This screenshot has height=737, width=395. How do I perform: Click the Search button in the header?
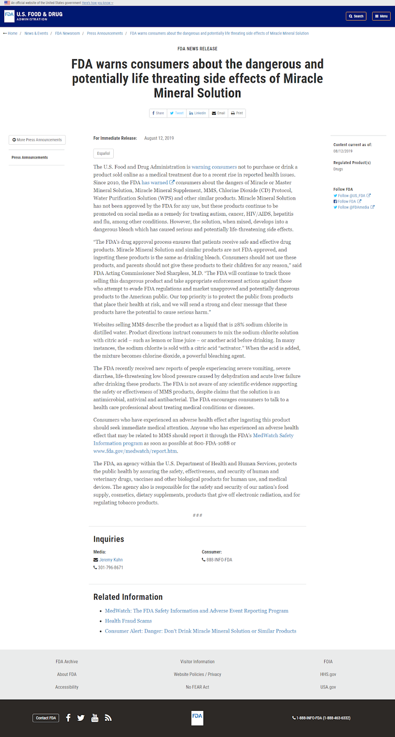pyautogui.click(x=356, y=16)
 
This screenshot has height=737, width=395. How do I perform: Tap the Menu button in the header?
pyautogui.click(x=381, y=16)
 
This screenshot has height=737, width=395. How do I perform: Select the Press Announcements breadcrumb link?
pyautogui.click(x=105, y=34)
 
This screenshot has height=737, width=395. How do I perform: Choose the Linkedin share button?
pyautogui.click(x=197, y=113)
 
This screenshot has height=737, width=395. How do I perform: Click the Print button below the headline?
pyautogui.click(x=237, y=113)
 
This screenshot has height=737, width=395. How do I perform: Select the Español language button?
pyautogui.click(x=104, y=153)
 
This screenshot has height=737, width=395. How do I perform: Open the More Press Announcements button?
pyautogui.click(x=37, y=140)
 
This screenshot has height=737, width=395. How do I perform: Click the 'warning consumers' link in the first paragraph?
pyautogui.click(x=214, y=167)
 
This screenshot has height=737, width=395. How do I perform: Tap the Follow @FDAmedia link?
pyautogui.click(x=354, y=207)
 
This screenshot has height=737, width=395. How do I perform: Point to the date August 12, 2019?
pyautogui.click(x=159, y=138)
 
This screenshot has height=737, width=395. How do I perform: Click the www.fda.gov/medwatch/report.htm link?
pyautogui.click(x=135, y=451)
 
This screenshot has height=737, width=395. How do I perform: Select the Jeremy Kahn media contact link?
pyautogui.click(x=111, y=560)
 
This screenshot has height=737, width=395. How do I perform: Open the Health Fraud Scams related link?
pyautogui.click(x=128, y=621)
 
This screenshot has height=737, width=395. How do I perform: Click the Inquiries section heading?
pyautogui.click(x=109, y=539)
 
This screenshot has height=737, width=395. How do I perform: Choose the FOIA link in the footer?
pyautogui.click(x=328, y=662)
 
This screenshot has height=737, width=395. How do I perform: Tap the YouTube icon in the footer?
pyautogui.click(x=95, y=718)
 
